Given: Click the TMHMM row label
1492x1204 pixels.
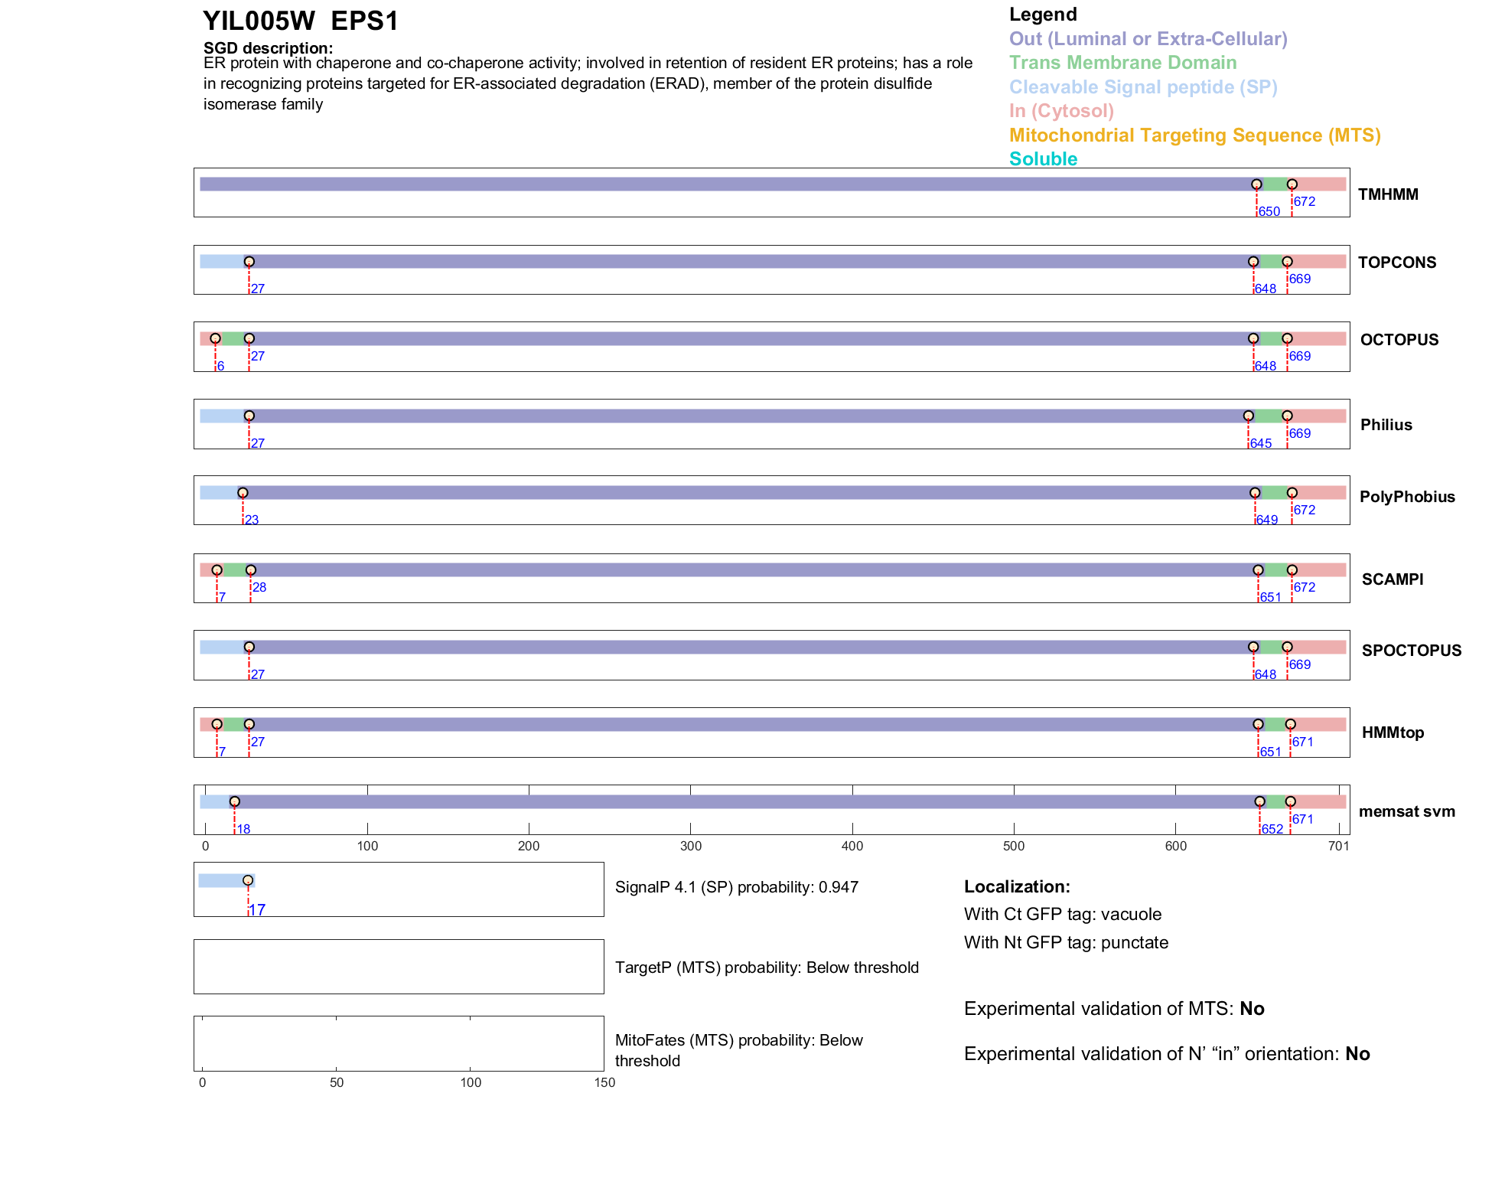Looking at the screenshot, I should (x=1388, y=194).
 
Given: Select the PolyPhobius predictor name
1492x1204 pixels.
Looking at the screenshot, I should (x=1407, y=497).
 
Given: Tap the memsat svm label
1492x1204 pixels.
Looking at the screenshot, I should (x=1406, y=811).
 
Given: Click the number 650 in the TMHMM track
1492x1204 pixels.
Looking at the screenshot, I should (x=1269, y=211).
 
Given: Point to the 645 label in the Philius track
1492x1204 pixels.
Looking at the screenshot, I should (x=1261, y=443).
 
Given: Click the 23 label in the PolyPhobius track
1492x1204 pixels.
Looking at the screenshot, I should (x=252, y=520).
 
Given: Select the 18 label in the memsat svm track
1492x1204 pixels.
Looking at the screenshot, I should (x=243, y=829).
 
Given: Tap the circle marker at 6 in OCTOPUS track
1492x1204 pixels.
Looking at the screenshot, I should (x=216, y=338).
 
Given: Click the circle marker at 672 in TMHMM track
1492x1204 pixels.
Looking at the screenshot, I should (x=1292, y=184).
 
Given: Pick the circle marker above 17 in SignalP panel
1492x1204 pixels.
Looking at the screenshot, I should (x=248, y=880).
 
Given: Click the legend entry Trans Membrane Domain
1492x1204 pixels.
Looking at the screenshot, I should (x=1122, y=63).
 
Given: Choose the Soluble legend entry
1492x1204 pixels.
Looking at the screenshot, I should (x=1043, y=159).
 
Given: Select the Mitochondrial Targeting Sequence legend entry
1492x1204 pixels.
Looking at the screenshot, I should (x=1194, y=135).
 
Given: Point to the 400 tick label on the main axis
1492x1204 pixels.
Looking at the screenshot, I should (x=852, y=846).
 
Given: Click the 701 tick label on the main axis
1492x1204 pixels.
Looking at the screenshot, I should (x=1338, y=846).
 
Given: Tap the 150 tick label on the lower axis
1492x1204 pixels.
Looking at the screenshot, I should (x=604, y=1082).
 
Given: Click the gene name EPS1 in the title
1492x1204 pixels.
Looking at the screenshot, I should (x=365, y=21).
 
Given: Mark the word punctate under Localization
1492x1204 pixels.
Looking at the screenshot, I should (x=1135, y=942).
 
